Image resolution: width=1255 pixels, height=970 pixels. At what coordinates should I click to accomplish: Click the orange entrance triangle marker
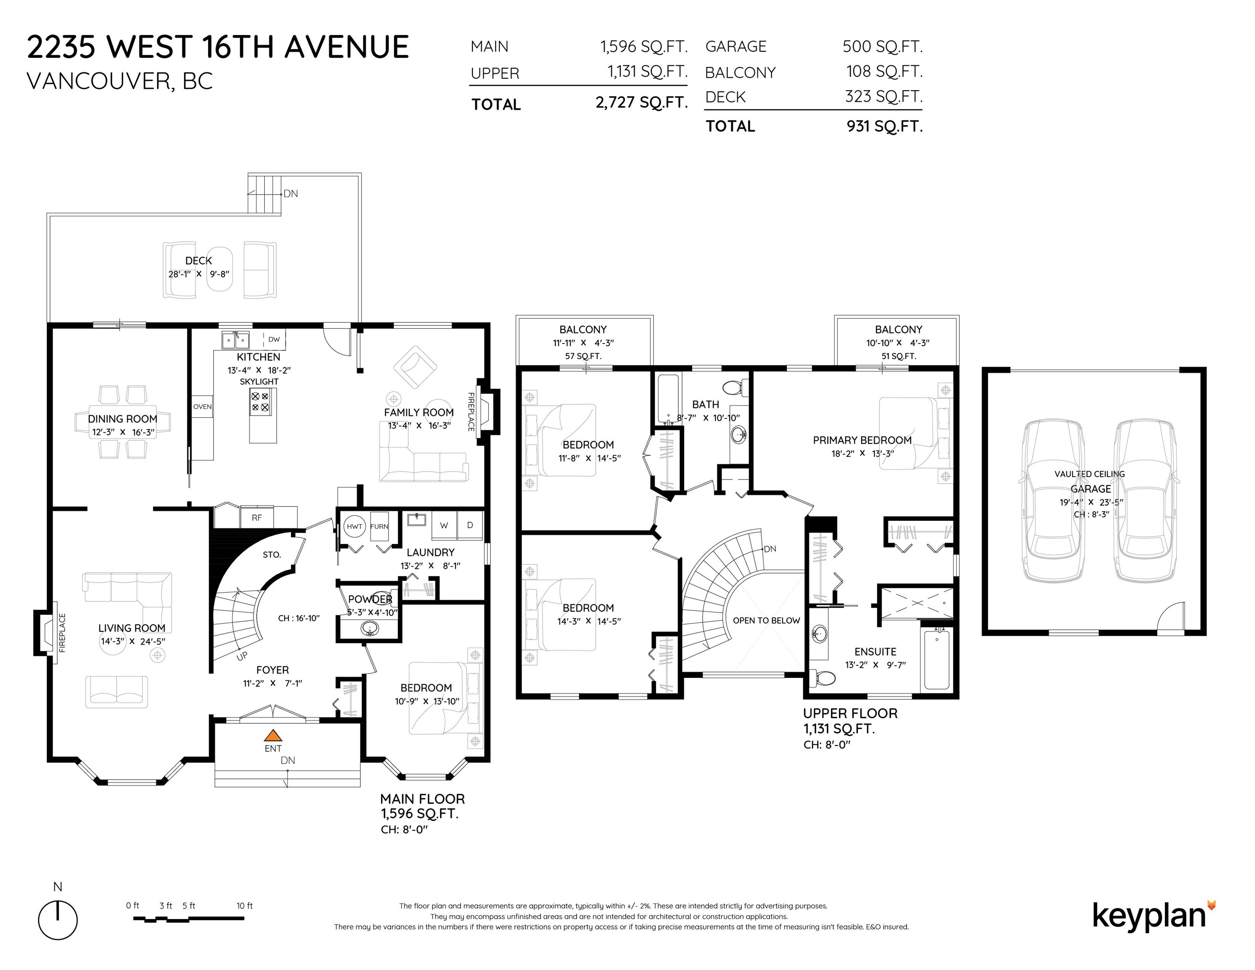(x=273, y=735)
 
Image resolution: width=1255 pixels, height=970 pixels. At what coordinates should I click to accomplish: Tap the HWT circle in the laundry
(x=354, y=526)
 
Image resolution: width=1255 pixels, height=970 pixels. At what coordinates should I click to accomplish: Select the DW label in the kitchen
(x=274, y=340)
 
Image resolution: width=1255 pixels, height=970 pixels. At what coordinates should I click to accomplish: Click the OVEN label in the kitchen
(x=202, y=407)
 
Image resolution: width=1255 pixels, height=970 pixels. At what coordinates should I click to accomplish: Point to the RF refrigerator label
(x=257, y=518)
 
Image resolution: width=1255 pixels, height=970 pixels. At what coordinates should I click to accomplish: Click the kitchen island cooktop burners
(x=260, y=402)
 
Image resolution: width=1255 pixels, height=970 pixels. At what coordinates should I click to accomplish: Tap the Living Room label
(x=132, y=628)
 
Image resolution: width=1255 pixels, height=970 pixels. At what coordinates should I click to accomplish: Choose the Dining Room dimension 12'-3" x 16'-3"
(x=123, y=432)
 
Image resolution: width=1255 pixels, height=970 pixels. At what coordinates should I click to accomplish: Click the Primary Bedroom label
(x=862, y=440)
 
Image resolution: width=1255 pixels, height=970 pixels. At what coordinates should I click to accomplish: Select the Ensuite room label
(x=875, y=652)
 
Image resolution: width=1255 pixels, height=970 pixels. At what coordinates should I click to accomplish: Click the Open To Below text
(x=766, y=621)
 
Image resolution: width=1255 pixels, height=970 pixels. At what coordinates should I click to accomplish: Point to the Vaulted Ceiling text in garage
(x=1090, y=474)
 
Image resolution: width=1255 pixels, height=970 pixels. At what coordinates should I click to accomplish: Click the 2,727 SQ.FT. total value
(x=641, y=102)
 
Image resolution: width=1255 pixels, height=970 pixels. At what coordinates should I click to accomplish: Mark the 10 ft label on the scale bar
(x=244, y=906)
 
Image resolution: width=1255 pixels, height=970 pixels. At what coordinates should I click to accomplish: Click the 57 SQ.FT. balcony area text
(x=583, y=356)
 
